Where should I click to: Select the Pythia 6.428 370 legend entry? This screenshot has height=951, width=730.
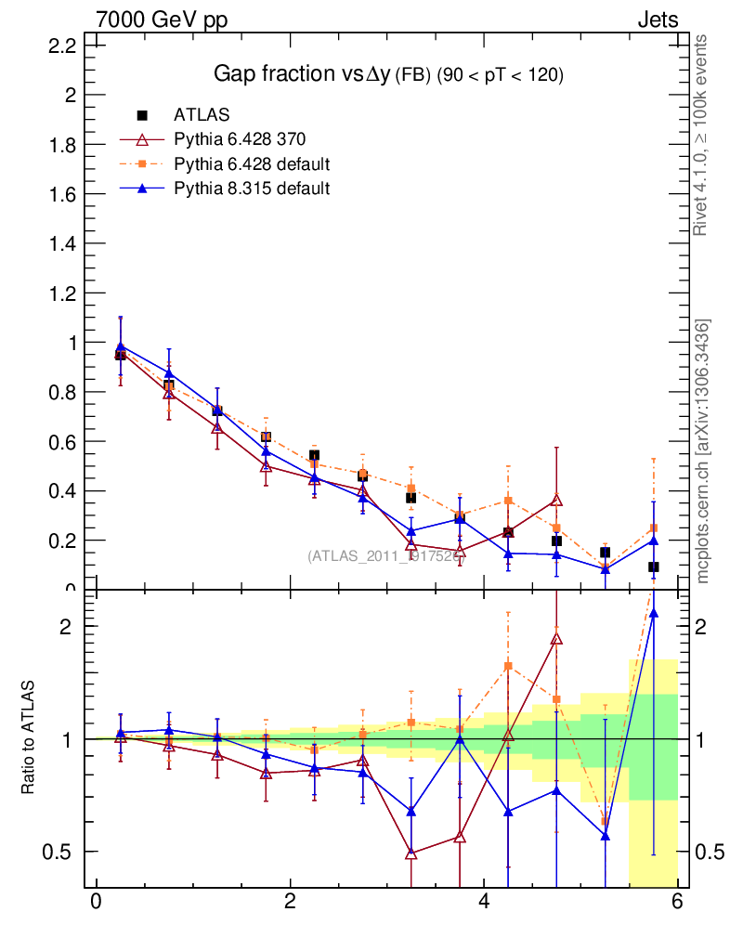pos(240,139)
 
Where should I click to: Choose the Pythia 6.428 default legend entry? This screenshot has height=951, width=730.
pos(252,164)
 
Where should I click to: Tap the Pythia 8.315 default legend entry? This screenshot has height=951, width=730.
pos(252,189)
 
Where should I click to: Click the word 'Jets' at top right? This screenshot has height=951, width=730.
pos(657,20)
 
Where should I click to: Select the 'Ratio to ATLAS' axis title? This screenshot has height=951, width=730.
pos(28,737)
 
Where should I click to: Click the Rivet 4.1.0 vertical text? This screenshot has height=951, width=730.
pos(701,136)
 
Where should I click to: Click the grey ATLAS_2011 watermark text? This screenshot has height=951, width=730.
pos(380,555)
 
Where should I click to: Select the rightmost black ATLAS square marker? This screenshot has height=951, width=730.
pos(654,567)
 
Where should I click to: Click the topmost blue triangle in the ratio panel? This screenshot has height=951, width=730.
pos(654,613)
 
